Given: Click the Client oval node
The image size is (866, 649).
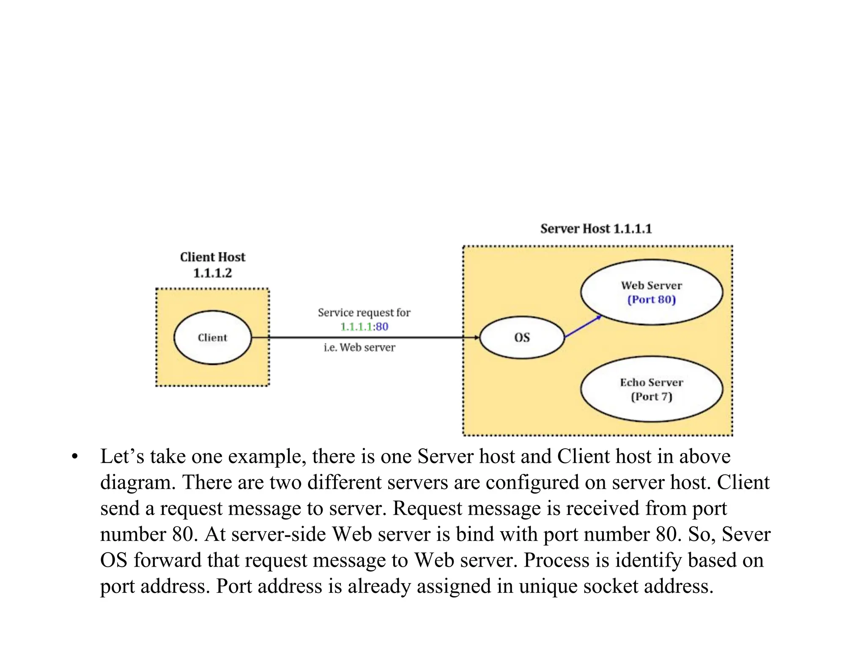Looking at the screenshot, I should click(x=212, y=338).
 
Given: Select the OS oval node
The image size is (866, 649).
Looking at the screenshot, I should click(x=522, y=338).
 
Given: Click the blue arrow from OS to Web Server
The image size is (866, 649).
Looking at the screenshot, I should click(x=583, y=326).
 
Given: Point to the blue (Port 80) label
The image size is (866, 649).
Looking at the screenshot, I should click(x=651, y=300).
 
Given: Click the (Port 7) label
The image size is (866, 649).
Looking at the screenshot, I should click(x=651, y=397).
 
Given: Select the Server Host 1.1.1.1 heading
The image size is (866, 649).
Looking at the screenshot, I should click(x=596, y=229).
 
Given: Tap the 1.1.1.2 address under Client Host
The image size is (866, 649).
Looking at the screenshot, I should click(x=212, y=273).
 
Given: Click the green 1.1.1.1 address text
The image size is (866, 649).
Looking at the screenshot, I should click(x=356, y=327).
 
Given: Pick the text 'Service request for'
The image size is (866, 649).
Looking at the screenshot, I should click(x=364, y=313).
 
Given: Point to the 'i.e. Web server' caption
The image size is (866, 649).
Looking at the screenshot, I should click(x=359, y=347).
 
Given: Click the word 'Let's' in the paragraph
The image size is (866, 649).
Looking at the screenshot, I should click(x=122, y=456).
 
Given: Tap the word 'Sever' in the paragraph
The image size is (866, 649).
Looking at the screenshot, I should click(x=746, y=534).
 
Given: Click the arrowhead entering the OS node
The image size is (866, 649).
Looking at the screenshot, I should click(x=477, y=338).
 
